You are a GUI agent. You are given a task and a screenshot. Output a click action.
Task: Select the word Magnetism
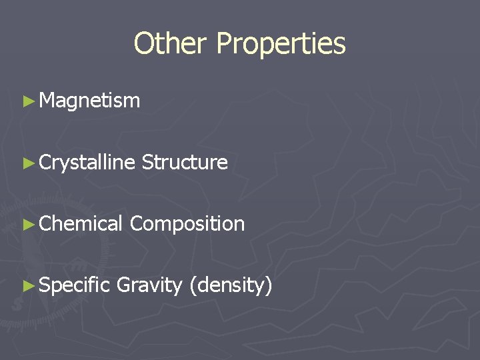click(x=89, y=101)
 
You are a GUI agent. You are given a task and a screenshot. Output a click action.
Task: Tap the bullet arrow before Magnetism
click(x=27, y=101)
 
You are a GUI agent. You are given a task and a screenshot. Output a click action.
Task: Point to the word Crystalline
click(x=87, y=163)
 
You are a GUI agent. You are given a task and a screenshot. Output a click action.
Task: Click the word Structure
click(x=185, y=162)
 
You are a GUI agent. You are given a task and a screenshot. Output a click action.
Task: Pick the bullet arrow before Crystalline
click(x=27, y=163)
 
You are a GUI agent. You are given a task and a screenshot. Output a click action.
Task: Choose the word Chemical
click(x=81, y=223)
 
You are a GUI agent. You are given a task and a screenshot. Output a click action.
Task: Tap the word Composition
click(x=187, y=224)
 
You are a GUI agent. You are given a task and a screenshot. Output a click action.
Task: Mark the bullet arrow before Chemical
click(x=27, y=224)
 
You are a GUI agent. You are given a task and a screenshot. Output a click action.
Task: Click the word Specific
click(x=74, y=286)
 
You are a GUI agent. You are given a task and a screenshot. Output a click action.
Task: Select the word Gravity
click(x=149, y=286)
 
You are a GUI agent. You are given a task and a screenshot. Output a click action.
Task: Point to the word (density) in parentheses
click(x=231, y=286)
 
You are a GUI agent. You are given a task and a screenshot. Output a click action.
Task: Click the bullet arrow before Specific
click(x=27, y=286)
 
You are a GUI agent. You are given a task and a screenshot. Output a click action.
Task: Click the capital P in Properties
click(x=223, y=44)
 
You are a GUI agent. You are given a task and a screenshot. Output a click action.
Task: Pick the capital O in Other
click(x=143, y=44)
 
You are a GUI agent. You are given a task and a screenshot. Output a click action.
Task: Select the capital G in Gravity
click(x=123, y=285)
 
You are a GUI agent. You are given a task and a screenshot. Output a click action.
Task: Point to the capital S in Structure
click(x=147, y=162)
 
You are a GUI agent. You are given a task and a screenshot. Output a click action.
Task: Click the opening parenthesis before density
click(x=192, y=286)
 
